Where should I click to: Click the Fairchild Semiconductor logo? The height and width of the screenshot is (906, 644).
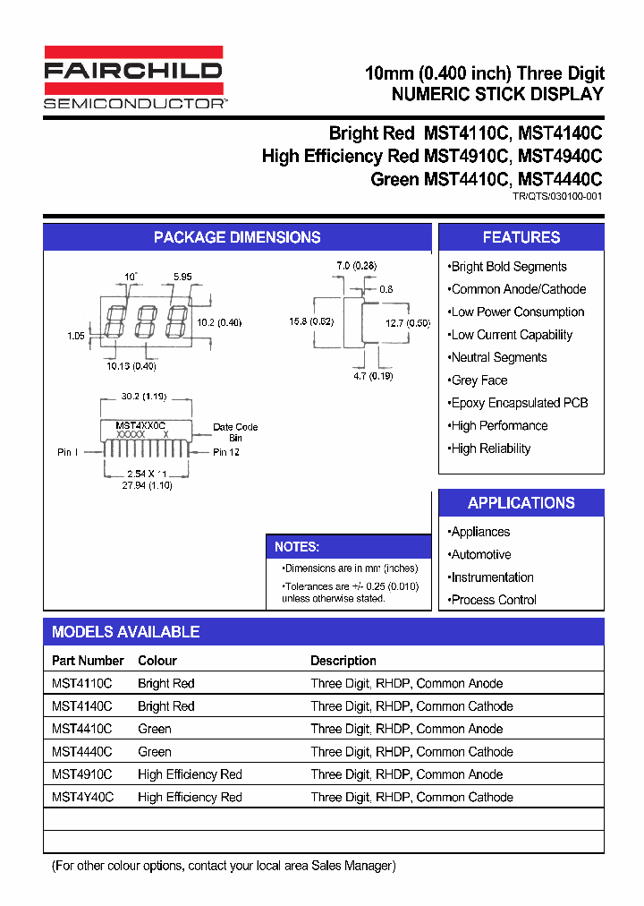click(133, 78)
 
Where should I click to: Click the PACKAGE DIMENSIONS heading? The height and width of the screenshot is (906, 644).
click(237, 237)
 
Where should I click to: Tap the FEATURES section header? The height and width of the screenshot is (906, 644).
click(521, 237)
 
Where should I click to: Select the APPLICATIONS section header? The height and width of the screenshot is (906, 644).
click(521, 503)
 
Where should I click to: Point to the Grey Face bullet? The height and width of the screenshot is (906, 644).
click(479, 380)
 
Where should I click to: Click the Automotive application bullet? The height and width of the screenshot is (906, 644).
click(480, 555)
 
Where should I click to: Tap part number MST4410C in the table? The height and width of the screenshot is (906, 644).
click(81, 729)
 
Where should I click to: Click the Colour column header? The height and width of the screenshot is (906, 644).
click(157, 661)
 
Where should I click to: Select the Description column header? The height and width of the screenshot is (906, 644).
click(343, 661)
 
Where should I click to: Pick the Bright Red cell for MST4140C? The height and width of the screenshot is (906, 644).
click(165, 706)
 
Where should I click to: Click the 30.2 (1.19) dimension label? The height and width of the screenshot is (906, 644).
click(143, 395)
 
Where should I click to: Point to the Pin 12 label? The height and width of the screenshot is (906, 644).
click(226, 452)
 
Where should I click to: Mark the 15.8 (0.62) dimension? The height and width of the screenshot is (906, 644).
click(311, 321)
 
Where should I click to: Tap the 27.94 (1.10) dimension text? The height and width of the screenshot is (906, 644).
click(148, 485)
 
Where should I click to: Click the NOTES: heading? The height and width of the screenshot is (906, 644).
click(297, 547)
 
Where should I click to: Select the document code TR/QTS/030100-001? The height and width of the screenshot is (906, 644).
click(557, 195)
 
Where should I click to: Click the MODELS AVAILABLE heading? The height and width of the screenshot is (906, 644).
click(125, 632)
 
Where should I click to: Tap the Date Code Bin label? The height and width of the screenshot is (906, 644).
click(235, 432)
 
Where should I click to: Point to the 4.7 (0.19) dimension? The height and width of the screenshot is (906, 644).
click(372, 376)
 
